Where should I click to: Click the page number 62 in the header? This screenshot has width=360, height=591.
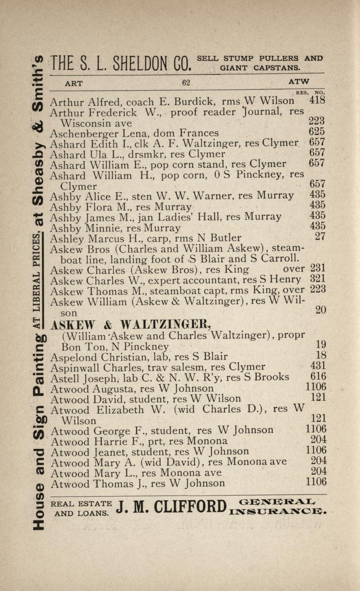186,83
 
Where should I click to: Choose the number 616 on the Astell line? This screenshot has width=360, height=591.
318,376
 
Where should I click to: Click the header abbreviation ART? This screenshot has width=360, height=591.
74,84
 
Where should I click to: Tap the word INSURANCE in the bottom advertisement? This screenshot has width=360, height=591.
278,511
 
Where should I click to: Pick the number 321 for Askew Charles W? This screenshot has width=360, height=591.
318,279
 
